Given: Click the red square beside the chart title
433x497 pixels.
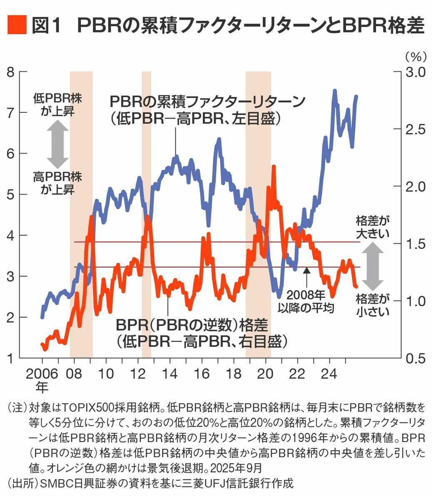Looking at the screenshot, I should click(17, 25).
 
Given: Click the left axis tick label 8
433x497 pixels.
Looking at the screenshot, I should click(11, 72).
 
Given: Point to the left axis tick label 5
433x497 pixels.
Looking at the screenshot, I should click(11, 195).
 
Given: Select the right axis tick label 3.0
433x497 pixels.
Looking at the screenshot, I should click(414, 72).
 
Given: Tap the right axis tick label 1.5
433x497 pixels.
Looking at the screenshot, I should click(414, 243).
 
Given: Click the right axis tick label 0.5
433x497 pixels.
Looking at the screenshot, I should click(414, 358).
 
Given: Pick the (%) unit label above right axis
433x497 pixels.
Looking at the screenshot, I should click(415, 56).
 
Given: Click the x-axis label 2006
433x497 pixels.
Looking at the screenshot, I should click(42, 373).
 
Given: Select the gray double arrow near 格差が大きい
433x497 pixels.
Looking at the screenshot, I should click(373, 266).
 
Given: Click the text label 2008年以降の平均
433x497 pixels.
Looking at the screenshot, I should click(306, 302).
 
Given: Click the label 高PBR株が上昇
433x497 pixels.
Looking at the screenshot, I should click(57, 183).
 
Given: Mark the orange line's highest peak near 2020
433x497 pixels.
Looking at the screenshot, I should click(274, 166).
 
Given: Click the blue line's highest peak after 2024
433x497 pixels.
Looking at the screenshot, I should click(334, 91).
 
